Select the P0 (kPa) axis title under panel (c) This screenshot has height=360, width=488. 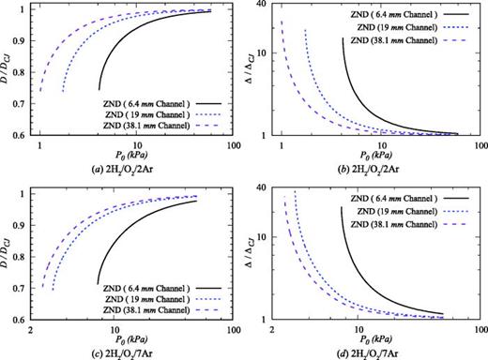(126, 339)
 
